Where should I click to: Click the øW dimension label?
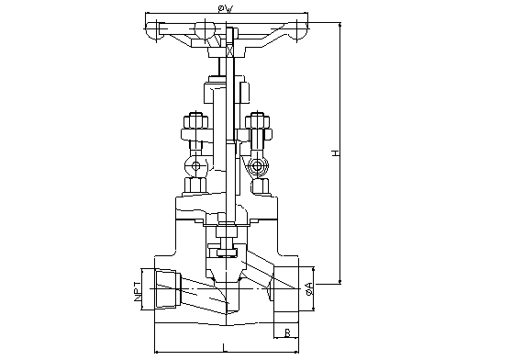(x=226, y=9)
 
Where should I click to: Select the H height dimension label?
(x=335, y=153)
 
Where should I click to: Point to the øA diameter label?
(x=309, y=288)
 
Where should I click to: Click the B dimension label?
(x=287, y=332)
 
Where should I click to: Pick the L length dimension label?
(x=226, y=347)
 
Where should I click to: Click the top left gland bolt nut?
(x=195, y=120)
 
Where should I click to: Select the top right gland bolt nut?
(x=258, y=120)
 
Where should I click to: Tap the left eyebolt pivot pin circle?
(x=195, y=166)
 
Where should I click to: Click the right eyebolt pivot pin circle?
(x=258, y=166)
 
